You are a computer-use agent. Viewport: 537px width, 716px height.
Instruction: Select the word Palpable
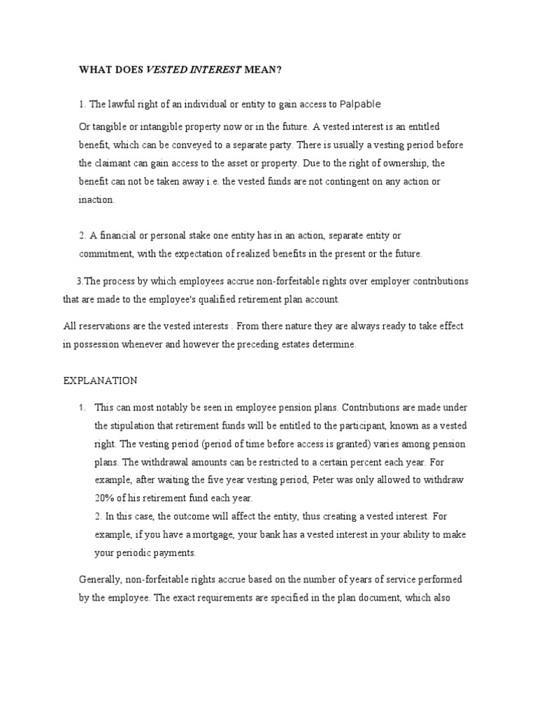pos(360,104)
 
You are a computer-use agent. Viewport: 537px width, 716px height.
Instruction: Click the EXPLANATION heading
pos(101,380)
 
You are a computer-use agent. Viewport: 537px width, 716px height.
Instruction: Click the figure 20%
pos(106,498)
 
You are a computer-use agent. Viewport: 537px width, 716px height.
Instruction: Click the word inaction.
pos(96,199)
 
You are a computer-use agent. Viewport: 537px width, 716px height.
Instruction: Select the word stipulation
pos(134,425)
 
